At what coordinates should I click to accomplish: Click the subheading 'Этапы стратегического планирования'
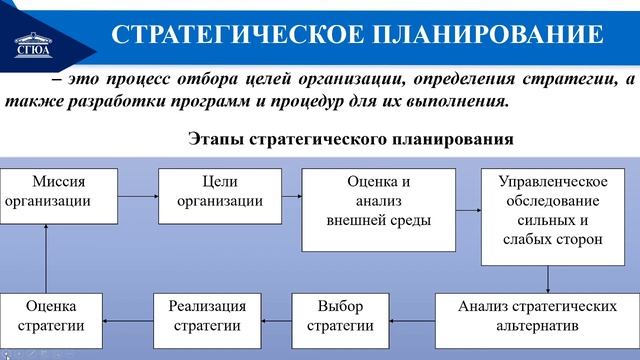click(x=351, y=141)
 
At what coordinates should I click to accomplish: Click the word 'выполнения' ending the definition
click(x=461, y=102)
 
